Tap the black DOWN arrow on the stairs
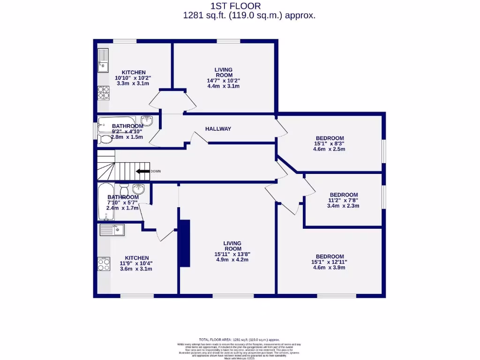tap(142, 171)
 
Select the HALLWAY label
tap(218, 129)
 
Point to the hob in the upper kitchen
tap(103, 92)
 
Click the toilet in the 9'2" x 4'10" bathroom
tap(105, 139)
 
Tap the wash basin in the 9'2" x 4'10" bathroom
tap(147, 120)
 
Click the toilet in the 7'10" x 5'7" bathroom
tap(124, 190)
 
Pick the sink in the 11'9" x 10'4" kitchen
tap(111, 230)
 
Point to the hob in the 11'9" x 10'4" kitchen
tap(104, 264)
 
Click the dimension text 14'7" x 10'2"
tap(223, 81)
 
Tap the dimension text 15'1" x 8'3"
tap(329, 144)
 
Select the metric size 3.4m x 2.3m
tap(344, 206)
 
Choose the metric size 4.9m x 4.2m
tap(232, 260)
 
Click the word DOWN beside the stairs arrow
tap(156, 171)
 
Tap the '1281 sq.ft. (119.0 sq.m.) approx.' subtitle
tap(249, 15)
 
